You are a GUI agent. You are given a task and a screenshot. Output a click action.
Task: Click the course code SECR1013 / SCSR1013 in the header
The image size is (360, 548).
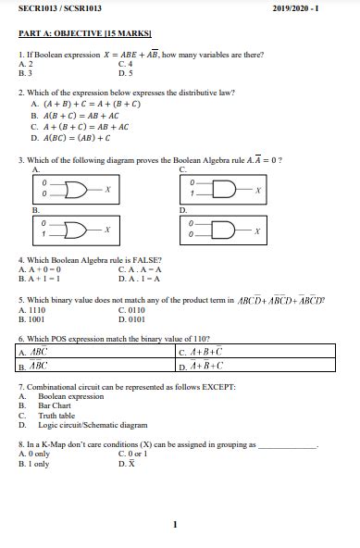pyautogui.click(x=60, y=8)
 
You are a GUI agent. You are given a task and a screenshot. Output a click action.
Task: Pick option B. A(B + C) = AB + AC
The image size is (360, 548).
pyautogui.click(x=75, y=117)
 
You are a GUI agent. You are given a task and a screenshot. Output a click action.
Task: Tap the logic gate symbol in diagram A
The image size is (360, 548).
pyautogui.click(x=81, y=190)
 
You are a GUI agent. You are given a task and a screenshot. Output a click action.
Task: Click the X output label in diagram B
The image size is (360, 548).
pyautogui.click(x=108, y=228)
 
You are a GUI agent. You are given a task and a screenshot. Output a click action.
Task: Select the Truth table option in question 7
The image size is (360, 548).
pyautogui.click(x=56, y=416)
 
